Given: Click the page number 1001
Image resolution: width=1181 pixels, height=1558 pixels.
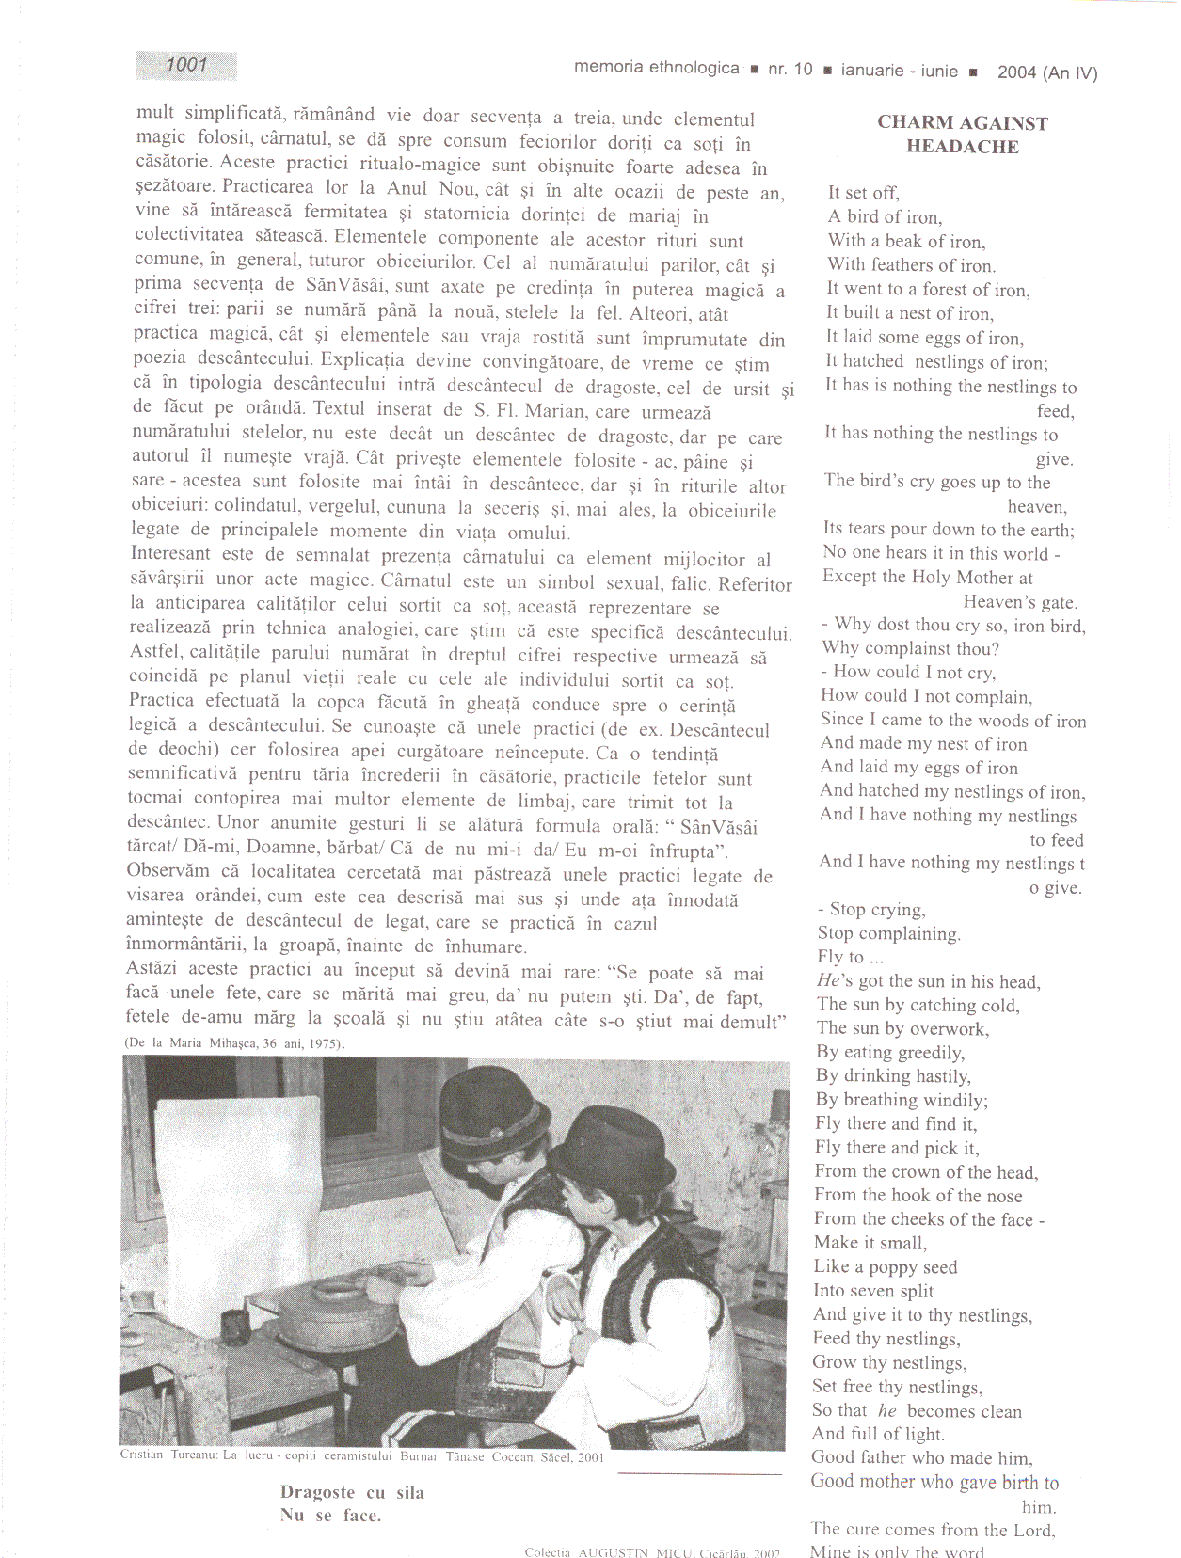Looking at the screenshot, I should click(186, 65).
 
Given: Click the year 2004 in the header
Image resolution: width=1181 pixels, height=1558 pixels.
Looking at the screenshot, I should click(1016, 72).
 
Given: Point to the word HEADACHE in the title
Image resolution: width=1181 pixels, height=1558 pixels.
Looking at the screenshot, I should click(962, 146).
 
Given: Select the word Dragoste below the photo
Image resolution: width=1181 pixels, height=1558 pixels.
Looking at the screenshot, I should click(317, 1493).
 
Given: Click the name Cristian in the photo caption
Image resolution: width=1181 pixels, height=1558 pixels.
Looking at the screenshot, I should click(142, 1455).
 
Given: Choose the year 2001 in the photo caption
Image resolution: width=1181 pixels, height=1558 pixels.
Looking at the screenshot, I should click(591, 1457).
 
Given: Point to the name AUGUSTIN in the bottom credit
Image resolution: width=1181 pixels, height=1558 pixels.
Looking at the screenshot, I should click(613, 1552).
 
